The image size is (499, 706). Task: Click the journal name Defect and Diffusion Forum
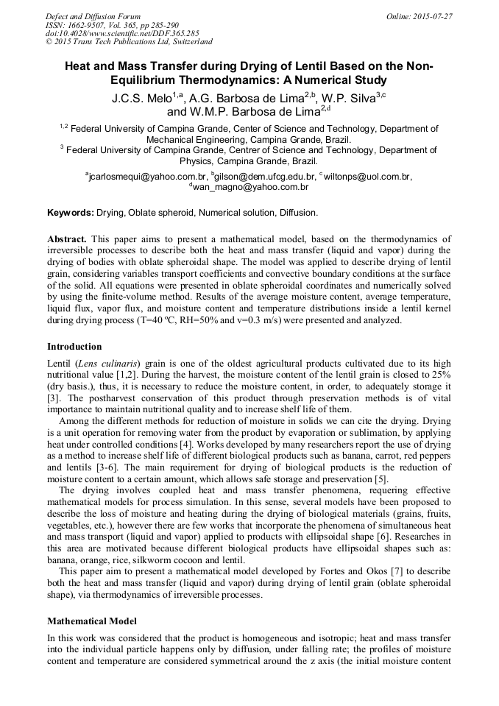click(93, 16)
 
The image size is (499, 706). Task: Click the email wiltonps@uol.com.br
click(368, 177)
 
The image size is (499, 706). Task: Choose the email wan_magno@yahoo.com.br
click(252, 188)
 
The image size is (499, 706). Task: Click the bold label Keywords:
click(71, 213)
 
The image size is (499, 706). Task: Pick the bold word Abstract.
click(67, 239)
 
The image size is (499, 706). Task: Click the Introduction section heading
click(74, 346)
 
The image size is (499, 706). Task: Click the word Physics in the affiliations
click(198, 160)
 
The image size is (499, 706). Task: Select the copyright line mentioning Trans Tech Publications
click(129, 42)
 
